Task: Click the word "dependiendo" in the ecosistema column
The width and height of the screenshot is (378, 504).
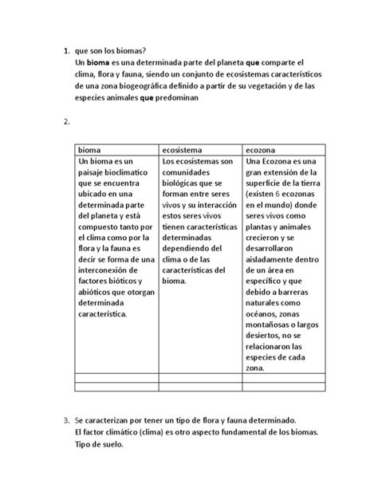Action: [189, 246]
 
